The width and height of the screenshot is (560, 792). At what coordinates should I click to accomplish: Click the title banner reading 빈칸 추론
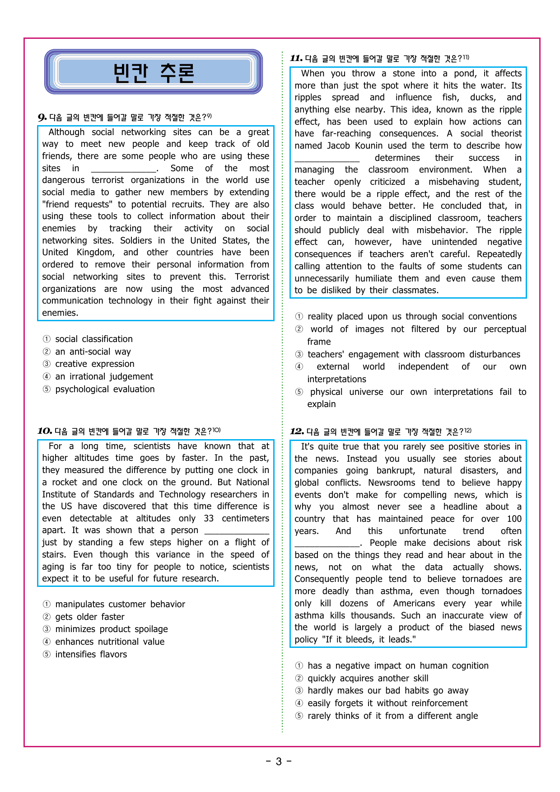(154, 72)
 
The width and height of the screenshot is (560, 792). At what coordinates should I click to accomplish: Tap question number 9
(42, 118)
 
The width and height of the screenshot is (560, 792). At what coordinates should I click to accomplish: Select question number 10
(44, 431)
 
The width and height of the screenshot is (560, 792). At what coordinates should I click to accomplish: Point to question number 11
(296, 58)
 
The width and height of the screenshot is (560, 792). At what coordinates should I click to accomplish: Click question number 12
(297, 431)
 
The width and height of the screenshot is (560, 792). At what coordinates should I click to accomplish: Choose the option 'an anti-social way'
(93, 351)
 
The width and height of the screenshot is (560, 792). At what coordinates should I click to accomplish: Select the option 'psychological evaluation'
(104, 389)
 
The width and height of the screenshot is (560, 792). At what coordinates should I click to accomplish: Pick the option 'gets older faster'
(89, 617)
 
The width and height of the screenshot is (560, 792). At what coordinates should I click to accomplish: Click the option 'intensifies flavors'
(91, 654)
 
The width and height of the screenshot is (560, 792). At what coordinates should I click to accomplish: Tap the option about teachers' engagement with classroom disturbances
(413, 354)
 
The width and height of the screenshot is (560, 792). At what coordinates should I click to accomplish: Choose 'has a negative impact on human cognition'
(397, 665)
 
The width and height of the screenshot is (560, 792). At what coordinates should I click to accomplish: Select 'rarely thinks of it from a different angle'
(392, 716)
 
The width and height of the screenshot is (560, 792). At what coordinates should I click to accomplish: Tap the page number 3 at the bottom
(279, 762)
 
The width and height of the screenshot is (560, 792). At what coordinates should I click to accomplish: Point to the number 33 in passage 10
(208, 518)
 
